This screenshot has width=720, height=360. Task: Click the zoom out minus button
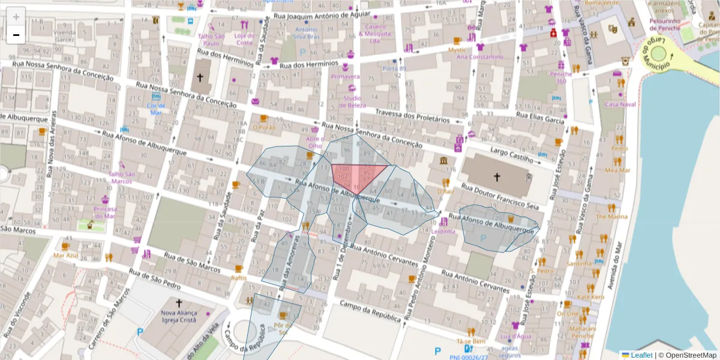click(16, 35)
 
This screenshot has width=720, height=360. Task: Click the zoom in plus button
click(16, 17)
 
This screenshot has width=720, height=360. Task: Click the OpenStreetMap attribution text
click(687, 355)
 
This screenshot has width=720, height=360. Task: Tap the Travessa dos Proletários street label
click(412, 116)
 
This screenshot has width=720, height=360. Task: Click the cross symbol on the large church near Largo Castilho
click(497, 176)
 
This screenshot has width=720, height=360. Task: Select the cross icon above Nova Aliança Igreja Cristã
click(178, 302)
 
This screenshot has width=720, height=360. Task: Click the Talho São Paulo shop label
click(211, 40)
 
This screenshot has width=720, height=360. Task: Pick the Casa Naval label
click(620, 104)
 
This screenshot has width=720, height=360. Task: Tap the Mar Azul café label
click(66, 255)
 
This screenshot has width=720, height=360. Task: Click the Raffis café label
click(239, 278)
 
